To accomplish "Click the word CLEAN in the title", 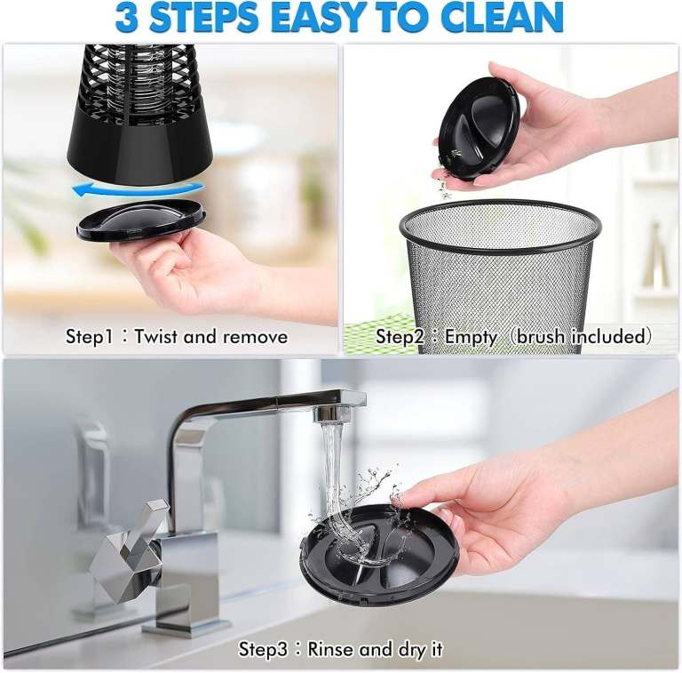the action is [505, 18].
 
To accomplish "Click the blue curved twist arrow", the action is [138, 189].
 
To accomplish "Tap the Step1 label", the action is [89, 337].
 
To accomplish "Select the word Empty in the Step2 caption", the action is [471, 337].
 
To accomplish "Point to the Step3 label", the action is [263, 650].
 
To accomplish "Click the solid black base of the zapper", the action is [140, 151].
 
